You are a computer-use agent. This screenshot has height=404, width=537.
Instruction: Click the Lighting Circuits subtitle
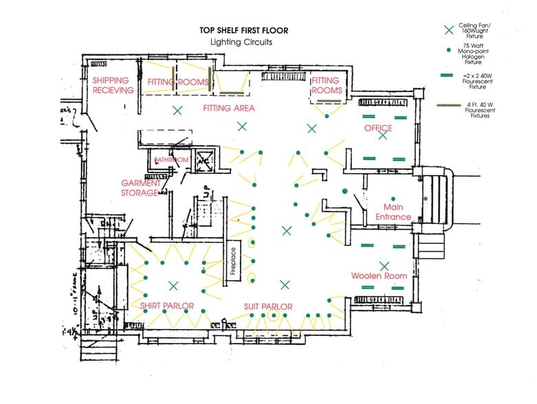tap(241, 42)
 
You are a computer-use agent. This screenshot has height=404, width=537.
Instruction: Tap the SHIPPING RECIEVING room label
tap(113, 85)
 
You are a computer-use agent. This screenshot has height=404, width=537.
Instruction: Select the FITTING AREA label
tap(229, 109)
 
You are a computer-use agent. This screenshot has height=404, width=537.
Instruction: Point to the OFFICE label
tap(378, 128)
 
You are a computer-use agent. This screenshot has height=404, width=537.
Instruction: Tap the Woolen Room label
tap(379, 276)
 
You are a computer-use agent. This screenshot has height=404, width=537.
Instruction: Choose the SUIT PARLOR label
tap(268, 306)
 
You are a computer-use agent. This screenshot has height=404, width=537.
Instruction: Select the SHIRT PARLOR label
tap(167, 306)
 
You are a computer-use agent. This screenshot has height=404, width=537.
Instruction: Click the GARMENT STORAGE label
tap(141, 188)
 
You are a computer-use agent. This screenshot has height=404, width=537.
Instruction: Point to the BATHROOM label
tap(171, 160)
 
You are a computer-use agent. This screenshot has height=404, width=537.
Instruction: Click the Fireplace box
tap(233, 261)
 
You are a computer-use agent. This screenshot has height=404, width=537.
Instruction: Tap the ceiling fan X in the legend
tap(449, 30)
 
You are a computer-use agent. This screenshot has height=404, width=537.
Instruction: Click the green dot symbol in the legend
tap(449, 50)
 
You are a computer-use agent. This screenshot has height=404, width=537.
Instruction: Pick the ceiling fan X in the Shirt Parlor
tap(173, 285)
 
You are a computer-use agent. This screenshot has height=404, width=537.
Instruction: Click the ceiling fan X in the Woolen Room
tap(384, 266)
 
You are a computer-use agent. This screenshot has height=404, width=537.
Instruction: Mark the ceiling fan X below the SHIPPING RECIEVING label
tap(177, 110)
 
